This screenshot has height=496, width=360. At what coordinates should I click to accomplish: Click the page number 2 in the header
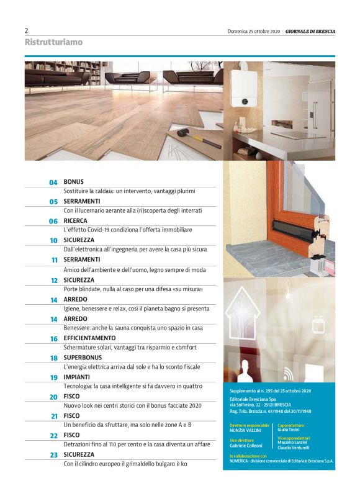pos(27,30)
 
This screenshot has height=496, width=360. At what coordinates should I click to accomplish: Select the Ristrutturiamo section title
pos(53,42)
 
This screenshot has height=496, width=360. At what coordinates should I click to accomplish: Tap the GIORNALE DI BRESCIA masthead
pos(310,31)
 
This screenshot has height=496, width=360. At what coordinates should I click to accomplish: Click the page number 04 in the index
pos(53,183)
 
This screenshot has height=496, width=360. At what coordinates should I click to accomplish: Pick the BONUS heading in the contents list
pos(73,182)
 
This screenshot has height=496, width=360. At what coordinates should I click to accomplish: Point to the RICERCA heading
pos(76,220)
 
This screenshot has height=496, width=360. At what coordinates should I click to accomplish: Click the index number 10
pos(54,240)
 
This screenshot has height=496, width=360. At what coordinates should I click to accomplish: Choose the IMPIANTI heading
pos(77,377)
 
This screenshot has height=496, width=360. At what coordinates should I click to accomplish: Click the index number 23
pos(53,455)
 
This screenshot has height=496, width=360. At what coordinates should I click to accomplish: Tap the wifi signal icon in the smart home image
pos(289,373)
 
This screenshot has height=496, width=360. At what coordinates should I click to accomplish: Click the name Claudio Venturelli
pos(294,447)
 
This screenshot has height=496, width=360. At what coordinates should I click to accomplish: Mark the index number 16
pos(54,339)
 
